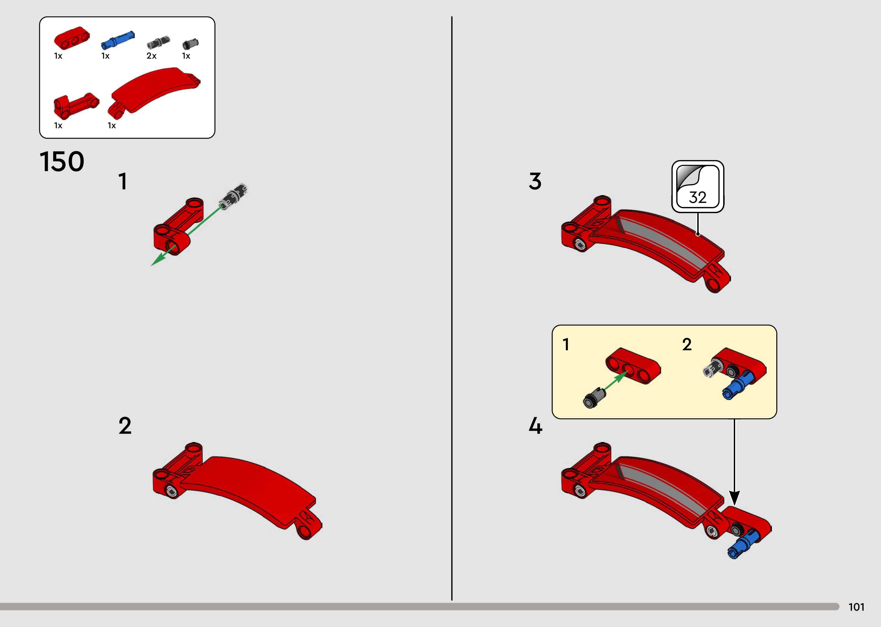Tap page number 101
(856, 607)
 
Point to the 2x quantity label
(151, 56)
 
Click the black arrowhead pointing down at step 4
(734, 498)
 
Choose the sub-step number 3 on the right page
(535, 181)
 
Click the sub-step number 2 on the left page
(125, 426)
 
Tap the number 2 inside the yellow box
(687, 344)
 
